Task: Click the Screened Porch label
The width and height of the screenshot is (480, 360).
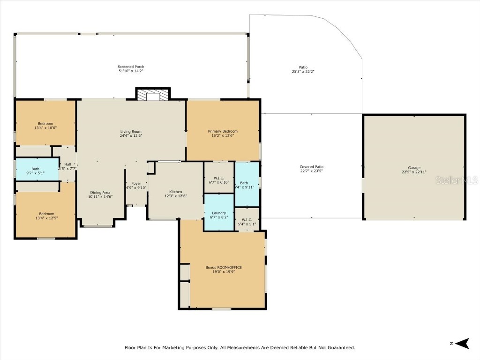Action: point(131,67)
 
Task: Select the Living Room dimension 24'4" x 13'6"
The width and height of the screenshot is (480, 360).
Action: point(131,136)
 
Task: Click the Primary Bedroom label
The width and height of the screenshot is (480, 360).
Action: point(223,131)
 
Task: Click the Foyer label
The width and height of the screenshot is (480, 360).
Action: point(136,183)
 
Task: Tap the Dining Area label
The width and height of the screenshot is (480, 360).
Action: point(100,192)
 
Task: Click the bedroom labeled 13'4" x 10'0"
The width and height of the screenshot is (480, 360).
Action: point(45,126)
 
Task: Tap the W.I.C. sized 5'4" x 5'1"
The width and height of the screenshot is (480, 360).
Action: point(247,222)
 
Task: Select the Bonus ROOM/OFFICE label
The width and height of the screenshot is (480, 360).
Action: point(224,268)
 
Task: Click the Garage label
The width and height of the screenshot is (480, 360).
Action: point(414,167)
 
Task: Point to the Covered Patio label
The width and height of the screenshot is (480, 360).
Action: point(311,167)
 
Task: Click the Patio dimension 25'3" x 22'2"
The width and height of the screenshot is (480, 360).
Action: point(303,72)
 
